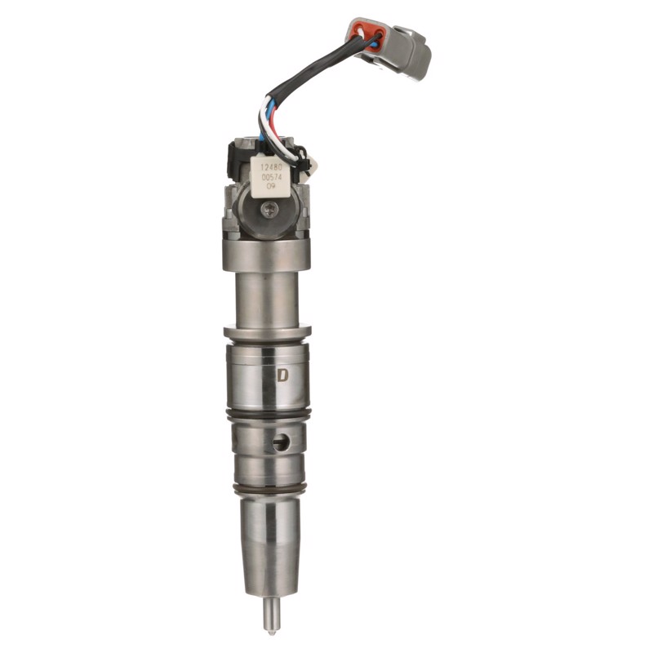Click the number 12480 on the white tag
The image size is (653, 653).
click(x=271, y=167)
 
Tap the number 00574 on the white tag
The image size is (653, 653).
click(x=272, y=177)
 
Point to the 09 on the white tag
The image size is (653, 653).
click(x=271, y=186)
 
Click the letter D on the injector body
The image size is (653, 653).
click(x=282, y=375)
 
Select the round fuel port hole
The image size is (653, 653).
click(x=282, y=442)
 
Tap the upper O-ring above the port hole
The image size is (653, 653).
click(x=268, y=414)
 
